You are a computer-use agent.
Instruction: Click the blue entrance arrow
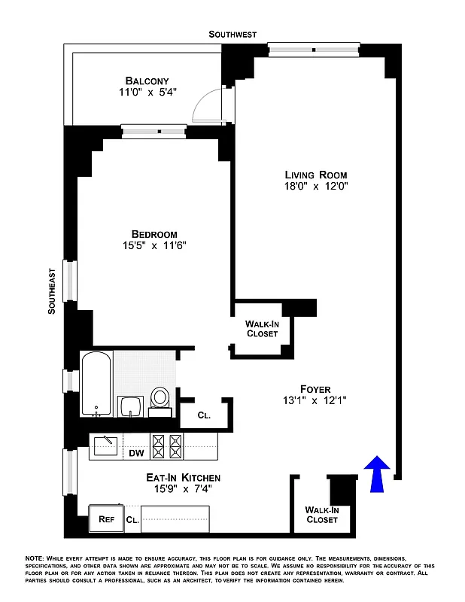pos(378,474)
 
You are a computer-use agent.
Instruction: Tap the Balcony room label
pos(147,81)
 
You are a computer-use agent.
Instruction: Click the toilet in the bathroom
pos(160,400)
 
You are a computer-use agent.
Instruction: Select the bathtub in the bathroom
pos(97,384)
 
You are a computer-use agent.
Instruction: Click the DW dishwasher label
pos(136,453)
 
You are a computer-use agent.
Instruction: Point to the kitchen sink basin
pos(105,446)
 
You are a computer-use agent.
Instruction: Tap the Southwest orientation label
pos(232,35)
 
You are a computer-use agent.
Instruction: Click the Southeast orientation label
pos(52,290)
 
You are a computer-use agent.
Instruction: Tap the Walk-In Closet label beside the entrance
pos(322,515)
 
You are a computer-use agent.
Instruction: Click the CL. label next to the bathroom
pos(204,415)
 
